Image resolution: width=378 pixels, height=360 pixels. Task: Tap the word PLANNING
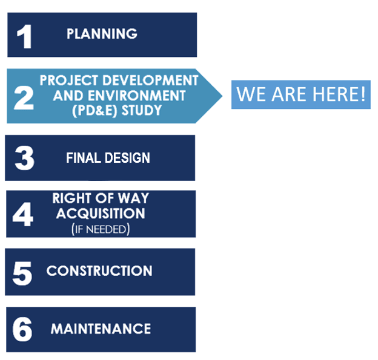click(x=102, y=34)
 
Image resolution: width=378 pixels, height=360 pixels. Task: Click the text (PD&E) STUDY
click(x=119, y=111)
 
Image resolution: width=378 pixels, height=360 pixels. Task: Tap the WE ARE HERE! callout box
click(x=301, y=94)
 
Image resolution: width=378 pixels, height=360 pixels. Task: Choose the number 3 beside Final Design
click(x=24, y=159)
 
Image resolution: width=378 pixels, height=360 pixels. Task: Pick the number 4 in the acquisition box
click(x=23, y=215)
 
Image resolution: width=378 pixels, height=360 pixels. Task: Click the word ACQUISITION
click(x=101, y=213)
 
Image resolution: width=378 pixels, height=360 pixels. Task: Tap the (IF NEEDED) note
click(x=101, y=229)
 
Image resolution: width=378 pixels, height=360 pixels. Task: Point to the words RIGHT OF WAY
click(x=101, y=198)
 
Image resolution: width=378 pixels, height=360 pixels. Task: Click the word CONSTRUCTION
click(x=99, y=270)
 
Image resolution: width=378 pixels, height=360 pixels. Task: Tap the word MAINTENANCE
click(x=101, y=329)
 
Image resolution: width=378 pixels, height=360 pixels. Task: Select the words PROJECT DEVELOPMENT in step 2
click(x=119, y=80)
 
